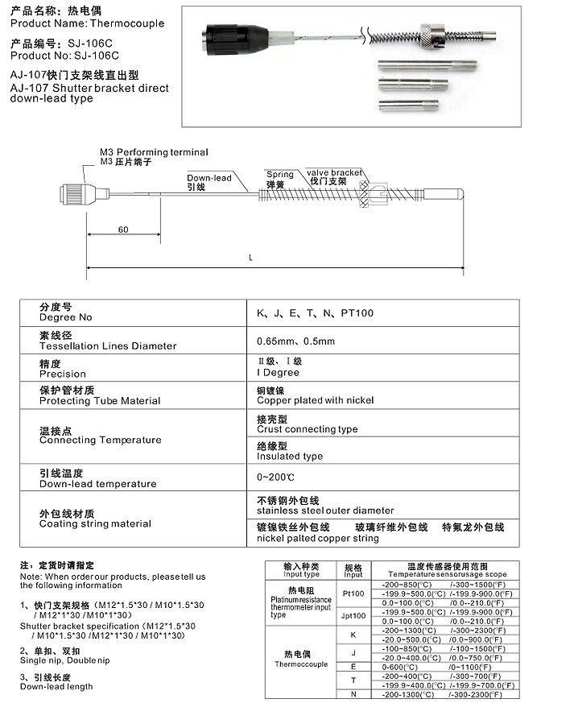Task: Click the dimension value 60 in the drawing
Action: click(123, 230)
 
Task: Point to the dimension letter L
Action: click(251, 258)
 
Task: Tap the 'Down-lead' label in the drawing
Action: click(209, 178)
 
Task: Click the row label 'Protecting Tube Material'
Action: click(100, 401)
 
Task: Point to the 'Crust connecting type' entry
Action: click(307, 429)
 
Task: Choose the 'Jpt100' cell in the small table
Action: click(353, 616)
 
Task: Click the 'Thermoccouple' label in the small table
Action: click(301, 665)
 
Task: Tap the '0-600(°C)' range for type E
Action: click(399, 668)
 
